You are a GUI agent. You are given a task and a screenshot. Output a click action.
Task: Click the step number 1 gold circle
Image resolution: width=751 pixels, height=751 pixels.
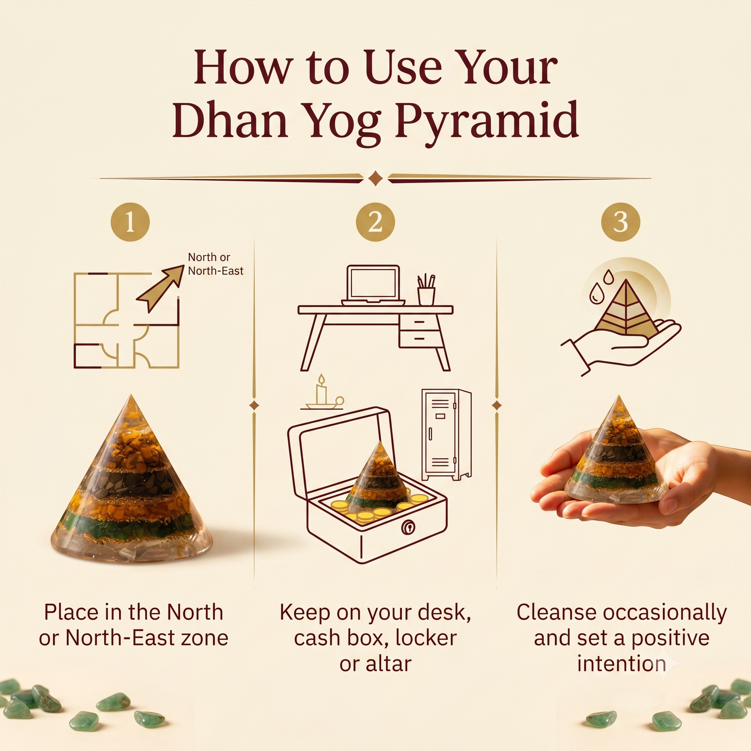(x=130, y=223)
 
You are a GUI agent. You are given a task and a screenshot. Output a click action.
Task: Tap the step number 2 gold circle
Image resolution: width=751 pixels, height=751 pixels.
(x=375, y=223)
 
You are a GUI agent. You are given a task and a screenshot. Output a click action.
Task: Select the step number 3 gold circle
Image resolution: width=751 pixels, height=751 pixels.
(x=621, y=222)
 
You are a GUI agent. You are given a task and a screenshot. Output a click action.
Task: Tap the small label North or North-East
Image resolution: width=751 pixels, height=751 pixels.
(x=216, y=264)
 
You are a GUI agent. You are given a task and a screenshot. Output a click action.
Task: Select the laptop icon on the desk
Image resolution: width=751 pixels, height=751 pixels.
(x=373, y=285)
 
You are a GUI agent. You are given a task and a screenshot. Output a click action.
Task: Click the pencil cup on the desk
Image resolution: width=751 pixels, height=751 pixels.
(x=426, y=290)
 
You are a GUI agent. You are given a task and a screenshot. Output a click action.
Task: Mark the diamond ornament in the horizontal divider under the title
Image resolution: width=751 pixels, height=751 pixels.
(x=375, y=178)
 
